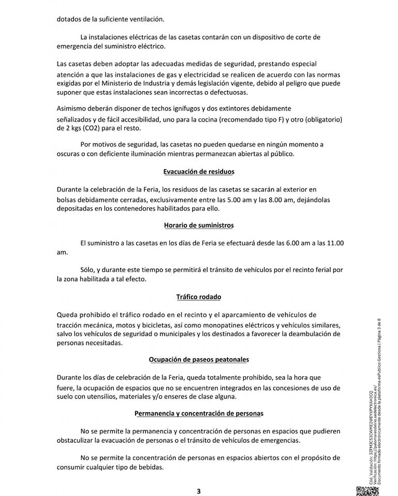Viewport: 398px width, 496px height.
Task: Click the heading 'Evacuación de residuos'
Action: point(199,172)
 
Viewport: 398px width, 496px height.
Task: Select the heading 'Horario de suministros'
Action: point(199,225)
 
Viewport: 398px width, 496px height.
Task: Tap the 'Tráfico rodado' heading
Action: point(199,297)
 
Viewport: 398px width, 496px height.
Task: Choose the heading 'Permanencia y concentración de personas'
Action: point(199,413)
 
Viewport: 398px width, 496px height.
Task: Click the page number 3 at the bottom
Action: point(199,491)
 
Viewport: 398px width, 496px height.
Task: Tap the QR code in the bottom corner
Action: point(364,491)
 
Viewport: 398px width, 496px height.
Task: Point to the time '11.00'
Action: point(334,243)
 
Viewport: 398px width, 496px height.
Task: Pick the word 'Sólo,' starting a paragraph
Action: point(89,270)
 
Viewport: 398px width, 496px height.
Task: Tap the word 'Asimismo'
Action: point(72,109)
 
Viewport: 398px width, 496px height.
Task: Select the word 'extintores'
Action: point(223,109)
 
